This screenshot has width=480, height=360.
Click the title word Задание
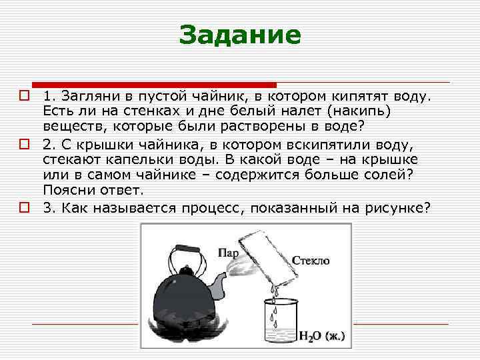(240, 35)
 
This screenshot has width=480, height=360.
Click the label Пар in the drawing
(229, 253)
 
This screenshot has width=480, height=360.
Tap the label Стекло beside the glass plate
(311, 261)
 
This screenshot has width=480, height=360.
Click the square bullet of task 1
(23, 96)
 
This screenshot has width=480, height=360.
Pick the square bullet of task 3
(23, 207)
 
